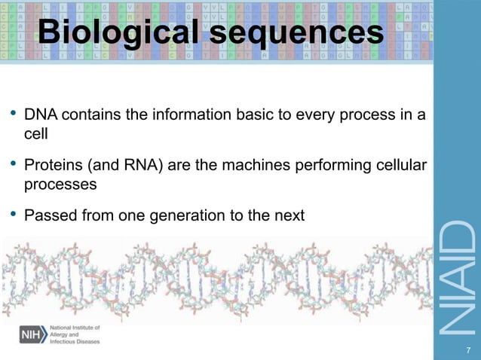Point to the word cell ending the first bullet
pos(36,135)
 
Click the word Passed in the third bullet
pos(49,215)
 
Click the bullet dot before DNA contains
pos(13,115)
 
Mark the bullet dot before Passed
pos(13,215)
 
